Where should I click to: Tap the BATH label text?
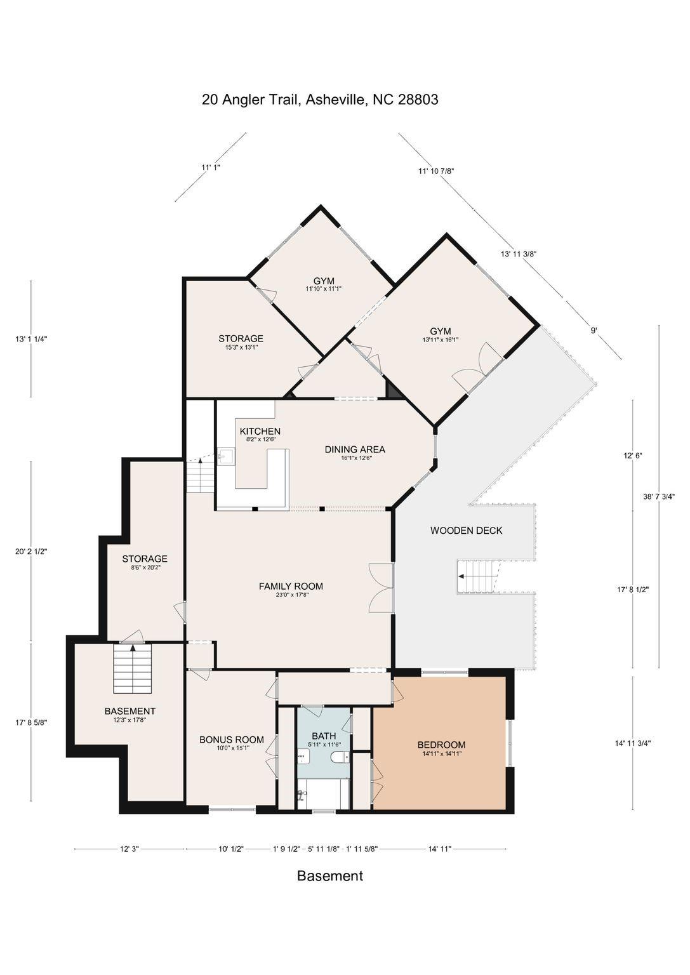[x=324, y=736]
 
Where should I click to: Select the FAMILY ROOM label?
[x=291, y=587]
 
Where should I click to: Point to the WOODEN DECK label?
[x=466, y=530]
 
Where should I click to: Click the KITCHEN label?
[x=260, y=431]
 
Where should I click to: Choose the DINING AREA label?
[x=355, y=449]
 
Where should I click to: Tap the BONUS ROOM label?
[x=232, y=740]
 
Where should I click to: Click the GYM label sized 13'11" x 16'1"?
[x=440, y=331]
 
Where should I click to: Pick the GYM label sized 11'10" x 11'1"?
[x=324, y=281]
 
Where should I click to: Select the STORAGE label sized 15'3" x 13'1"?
[x=241, y=338]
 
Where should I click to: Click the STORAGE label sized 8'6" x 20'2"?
[x=145, y=559]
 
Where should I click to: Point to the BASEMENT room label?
[x=129, y=711]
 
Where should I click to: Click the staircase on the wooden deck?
[x=477, y=576]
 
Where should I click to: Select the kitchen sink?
[x=225, y=457]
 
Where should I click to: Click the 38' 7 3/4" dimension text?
[x=658, y=496]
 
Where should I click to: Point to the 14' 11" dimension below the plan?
[x=440, y=848]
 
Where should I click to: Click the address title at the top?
[x=320, y=100]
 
